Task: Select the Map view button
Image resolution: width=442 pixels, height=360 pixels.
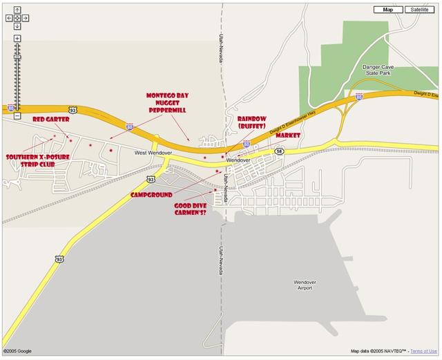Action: pyautogui.click(x=388, y=10)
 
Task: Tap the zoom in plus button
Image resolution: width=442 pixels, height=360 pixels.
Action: pyautogui.click(x=17, y=38)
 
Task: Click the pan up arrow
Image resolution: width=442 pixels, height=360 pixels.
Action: pyautogui.click(x=17, y=10)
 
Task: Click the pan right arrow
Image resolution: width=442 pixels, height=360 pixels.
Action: pyautogui.click(x=25, y=18)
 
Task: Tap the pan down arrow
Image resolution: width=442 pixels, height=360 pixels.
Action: pyautogui.click(x=17, y=26)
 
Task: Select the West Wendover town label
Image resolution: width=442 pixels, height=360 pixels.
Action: pyautogui.click(x=151, y=153)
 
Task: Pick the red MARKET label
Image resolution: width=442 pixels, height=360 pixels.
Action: pyautogui.click(x=287, y=135)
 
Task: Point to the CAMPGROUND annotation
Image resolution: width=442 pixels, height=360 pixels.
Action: pyautogui.click(x=151, y=196)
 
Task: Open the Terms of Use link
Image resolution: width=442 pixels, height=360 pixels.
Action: pyautogui.click(x=425, y=352)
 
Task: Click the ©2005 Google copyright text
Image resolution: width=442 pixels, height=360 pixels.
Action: pyautogui.click(x=17, y=352)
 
